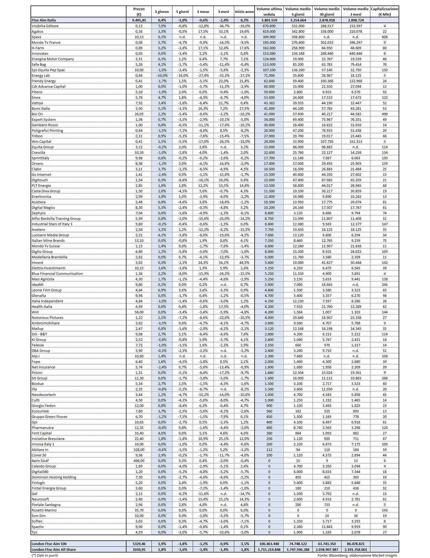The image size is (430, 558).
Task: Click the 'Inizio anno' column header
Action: click(244, 12)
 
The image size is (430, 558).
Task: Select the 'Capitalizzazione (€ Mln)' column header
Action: click(384, 12)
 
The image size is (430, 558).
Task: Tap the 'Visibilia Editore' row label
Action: click(45, 26)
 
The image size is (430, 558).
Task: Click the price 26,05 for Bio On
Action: click(139, 114)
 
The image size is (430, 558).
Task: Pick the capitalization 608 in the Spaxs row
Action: click(384, 37)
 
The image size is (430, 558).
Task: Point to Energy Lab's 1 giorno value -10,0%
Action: click(162, 75)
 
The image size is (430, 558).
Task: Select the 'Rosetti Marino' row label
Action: click(44, 510)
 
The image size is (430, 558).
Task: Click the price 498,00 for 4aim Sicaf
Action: click(139, 461)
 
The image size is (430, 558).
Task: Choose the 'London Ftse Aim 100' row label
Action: click(49, 544)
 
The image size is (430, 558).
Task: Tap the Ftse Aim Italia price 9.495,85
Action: click(139, 20)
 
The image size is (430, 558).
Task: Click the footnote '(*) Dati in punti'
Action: click(45, 555)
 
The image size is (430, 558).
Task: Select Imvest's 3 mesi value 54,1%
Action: click(224, 262)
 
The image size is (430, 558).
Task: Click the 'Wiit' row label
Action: click(35, 312)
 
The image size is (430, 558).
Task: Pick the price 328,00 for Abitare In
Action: click(139, 450)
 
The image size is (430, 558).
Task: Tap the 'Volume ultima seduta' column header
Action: click(269, 12)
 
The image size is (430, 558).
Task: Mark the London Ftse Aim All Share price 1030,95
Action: click(139, 549)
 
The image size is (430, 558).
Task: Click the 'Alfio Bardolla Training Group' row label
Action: click(56, 218)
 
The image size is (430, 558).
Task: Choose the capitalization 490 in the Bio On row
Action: click(384, 114)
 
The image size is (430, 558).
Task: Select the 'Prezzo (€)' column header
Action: click(139, 12)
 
